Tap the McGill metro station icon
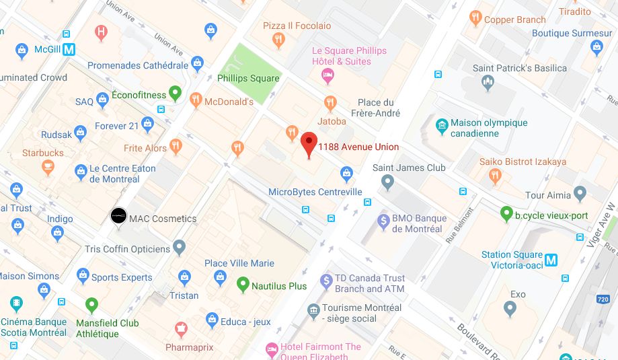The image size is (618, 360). [70, 49]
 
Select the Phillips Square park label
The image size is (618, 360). [248, 78]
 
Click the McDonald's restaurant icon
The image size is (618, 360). [196, 100]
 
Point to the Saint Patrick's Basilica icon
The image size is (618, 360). [488, 82]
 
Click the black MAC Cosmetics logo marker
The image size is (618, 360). [118, 215]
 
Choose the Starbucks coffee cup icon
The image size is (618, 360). [48, 166]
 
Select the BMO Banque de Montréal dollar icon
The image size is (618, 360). [383, 220]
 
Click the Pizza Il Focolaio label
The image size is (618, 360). [297, 26]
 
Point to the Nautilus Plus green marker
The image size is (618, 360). [243, 285]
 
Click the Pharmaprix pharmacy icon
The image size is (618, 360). [180, 330]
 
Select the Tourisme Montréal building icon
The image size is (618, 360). [313, 311]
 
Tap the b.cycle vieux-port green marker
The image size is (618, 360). [507, 214]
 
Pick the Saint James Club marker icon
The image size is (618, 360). [387, 181]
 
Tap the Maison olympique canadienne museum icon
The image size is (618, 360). [441, 125]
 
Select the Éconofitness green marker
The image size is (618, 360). [176, 94]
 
